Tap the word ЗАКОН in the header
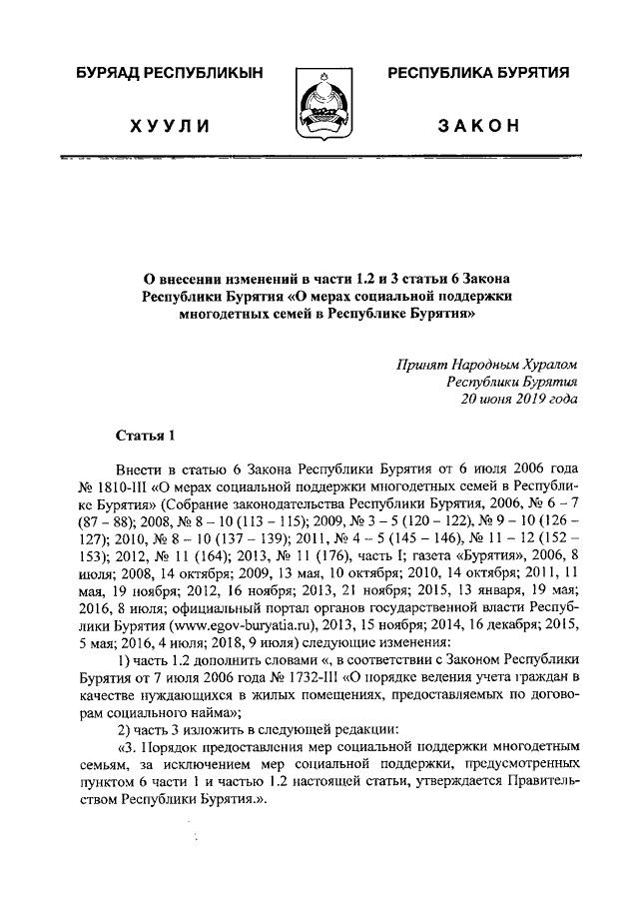coord(479,126)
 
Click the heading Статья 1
coord(146,435)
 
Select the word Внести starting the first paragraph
coord(140,470)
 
